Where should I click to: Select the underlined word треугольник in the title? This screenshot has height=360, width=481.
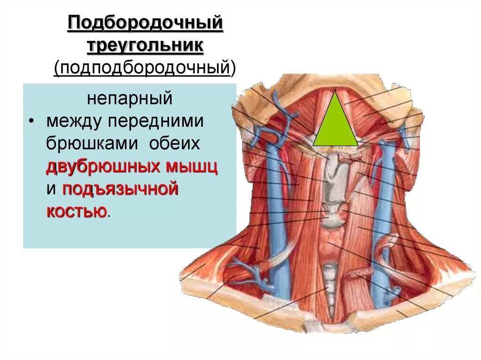click(145, 46)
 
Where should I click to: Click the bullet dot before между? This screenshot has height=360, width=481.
click(31, 121)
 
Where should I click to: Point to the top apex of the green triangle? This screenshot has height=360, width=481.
click(335, 90)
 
